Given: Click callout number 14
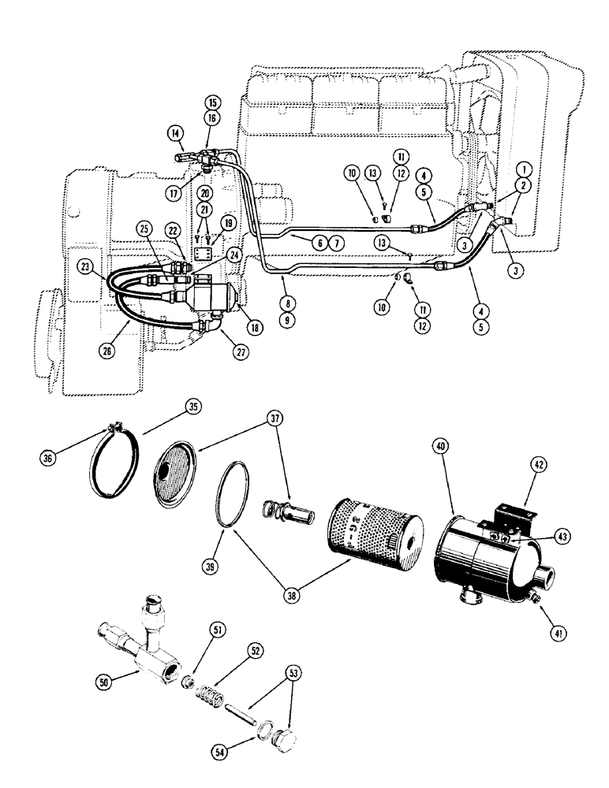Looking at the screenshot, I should (174, 135).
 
